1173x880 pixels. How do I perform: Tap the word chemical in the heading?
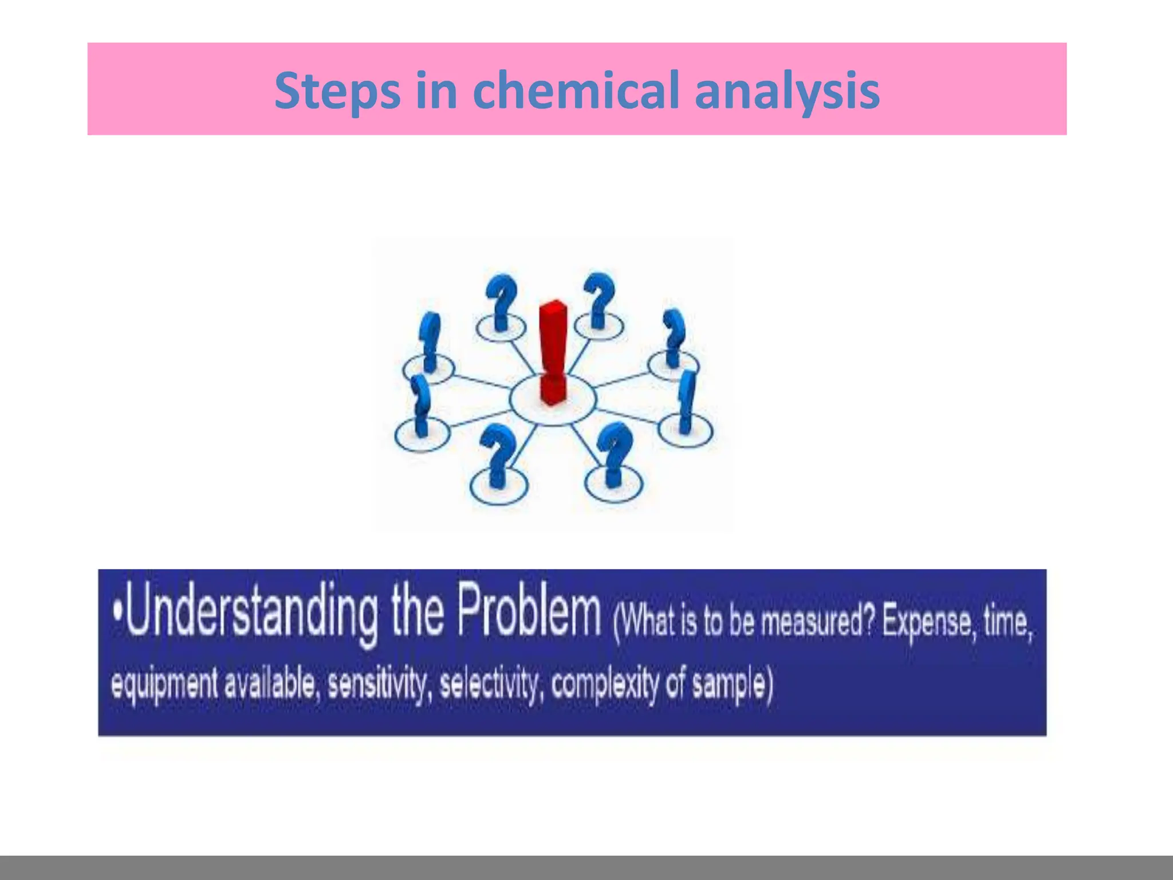(577, 90)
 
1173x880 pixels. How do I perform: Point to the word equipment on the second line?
(164, 685)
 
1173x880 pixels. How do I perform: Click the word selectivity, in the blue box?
(490, 684)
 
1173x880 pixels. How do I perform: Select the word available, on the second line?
(269, 684)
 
